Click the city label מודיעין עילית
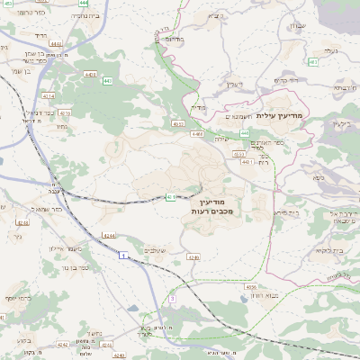point(281,116)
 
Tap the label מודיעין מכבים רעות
point(213,206)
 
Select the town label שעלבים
point(156,249)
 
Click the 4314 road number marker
point(48,94)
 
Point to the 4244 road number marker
point(109,235)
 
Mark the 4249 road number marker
point(193,256)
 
